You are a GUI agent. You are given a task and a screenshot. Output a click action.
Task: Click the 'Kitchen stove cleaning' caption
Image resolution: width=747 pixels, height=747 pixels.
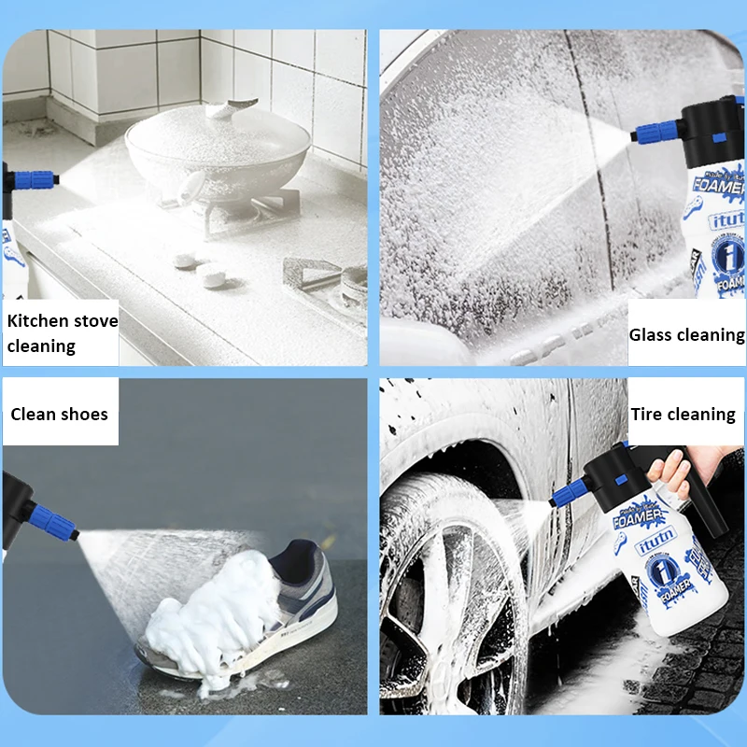62,333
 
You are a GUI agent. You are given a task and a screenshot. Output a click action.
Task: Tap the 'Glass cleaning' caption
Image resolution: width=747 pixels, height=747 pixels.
686,334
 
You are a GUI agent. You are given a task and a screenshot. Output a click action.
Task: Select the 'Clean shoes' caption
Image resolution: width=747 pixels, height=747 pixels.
60,414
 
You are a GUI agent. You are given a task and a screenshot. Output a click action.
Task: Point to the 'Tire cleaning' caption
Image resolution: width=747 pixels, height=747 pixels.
683,414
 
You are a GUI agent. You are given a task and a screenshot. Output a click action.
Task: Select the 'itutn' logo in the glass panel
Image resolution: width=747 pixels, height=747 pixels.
727,222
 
